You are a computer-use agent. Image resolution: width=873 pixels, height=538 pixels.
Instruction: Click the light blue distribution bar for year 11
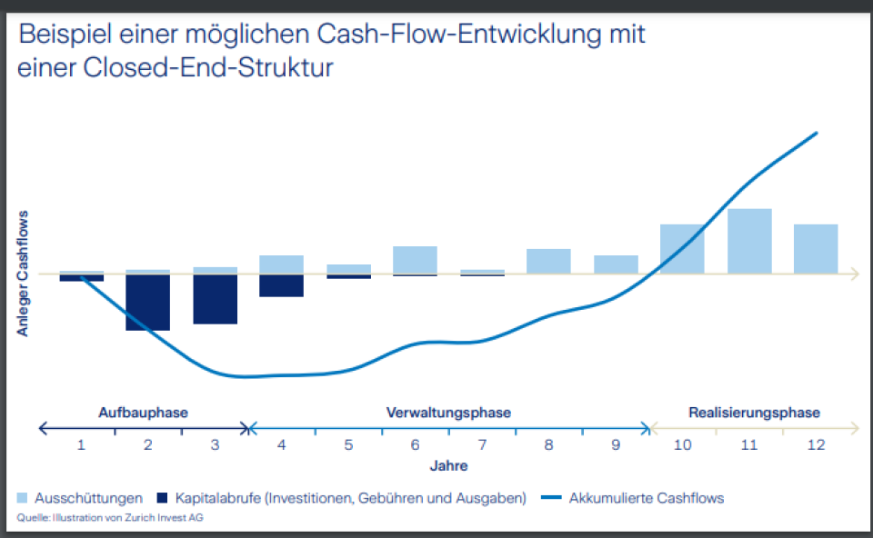749,241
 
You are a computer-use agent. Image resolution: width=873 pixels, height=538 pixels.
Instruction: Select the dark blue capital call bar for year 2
148,302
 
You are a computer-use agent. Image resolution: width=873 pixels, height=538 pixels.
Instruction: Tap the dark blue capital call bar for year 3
215,299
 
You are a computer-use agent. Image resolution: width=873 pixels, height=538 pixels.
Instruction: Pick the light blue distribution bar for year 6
415,260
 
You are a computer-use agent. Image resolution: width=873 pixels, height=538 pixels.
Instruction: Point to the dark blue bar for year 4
281,285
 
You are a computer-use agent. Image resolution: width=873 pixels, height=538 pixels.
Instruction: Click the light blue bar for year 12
816,248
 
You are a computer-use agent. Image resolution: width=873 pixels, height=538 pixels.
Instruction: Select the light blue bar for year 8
548,261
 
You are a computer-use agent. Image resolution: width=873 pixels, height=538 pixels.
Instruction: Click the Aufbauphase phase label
143,412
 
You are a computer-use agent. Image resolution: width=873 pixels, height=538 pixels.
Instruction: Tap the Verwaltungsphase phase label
448,412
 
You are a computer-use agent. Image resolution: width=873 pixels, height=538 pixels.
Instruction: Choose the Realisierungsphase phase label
754,412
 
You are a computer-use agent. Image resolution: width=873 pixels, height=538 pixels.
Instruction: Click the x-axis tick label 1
81,445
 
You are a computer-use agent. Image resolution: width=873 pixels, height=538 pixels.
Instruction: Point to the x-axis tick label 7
482,445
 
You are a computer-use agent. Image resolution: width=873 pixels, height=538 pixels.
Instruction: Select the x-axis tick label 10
682,445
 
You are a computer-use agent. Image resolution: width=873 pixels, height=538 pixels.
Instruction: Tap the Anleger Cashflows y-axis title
23,273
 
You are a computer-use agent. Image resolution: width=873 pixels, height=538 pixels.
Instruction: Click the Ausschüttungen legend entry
88,498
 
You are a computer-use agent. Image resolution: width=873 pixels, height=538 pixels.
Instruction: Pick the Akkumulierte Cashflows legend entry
646,498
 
